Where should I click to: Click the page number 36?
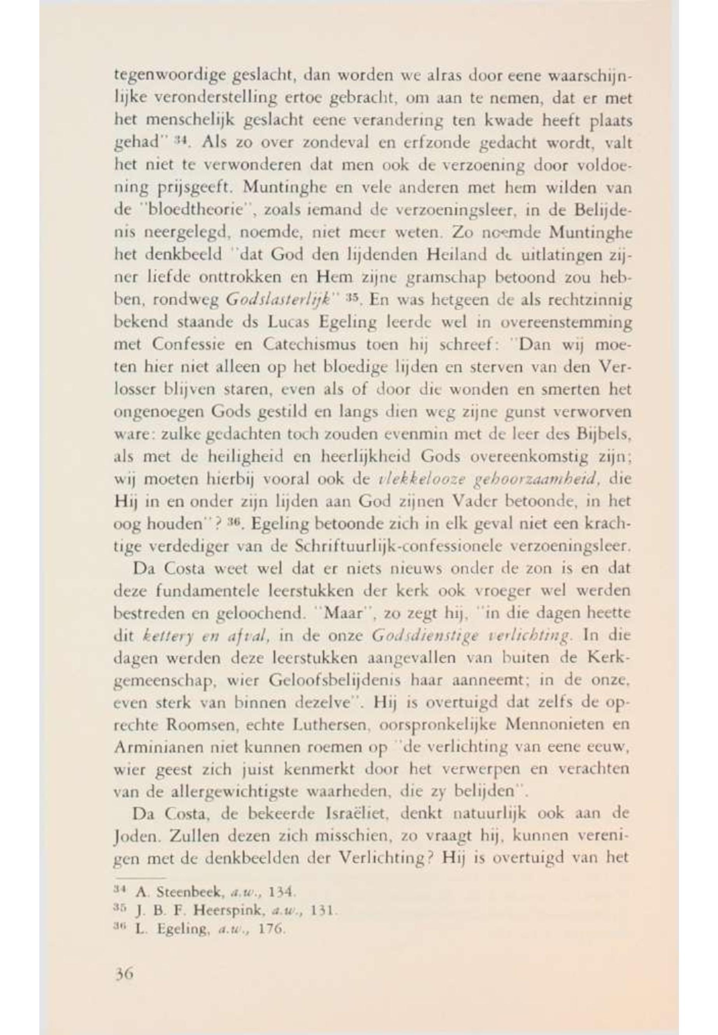pyautogui.click(x=124, y=975)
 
